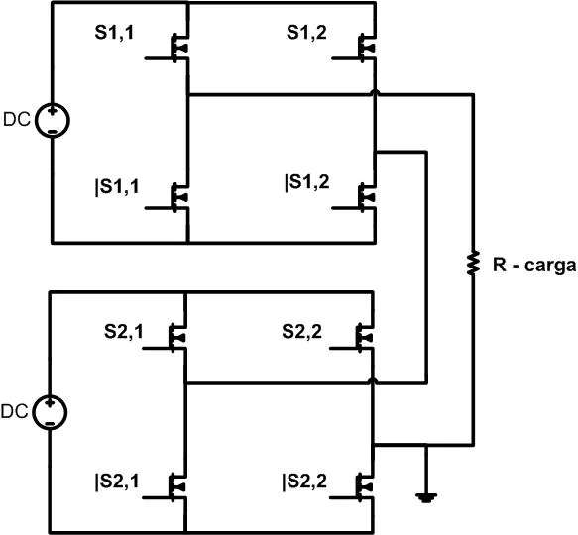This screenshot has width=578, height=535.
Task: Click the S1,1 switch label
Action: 114,33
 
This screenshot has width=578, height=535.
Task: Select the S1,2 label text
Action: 306,33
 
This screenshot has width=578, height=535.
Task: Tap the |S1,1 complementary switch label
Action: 117,186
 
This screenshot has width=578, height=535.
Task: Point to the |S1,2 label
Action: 307,182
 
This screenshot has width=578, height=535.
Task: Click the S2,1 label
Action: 124,331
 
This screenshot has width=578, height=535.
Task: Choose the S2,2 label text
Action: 302,331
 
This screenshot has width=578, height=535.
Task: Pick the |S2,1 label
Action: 117,481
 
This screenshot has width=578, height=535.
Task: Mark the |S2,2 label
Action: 304,481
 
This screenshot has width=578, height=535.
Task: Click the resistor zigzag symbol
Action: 473,263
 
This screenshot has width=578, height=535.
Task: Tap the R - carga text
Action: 534,266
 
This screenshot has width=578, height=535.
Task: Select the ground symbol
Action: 426,497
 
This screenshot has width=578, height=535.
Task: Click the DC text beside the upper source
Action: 17,119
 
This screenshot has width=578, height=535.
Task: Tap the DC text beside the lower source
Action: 15,411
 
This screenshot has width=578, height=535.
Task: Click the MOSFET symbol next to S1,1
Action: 176,48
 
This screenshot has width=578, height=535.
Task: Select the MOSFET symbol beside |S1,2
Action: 363,198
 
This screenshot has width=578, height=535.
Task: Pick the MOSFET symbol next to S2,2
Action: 361,338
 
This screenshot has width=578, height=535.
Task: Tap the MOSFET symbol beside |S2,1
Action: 173,487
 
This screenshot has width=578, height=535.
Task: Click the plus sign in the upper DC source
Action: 53,110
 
